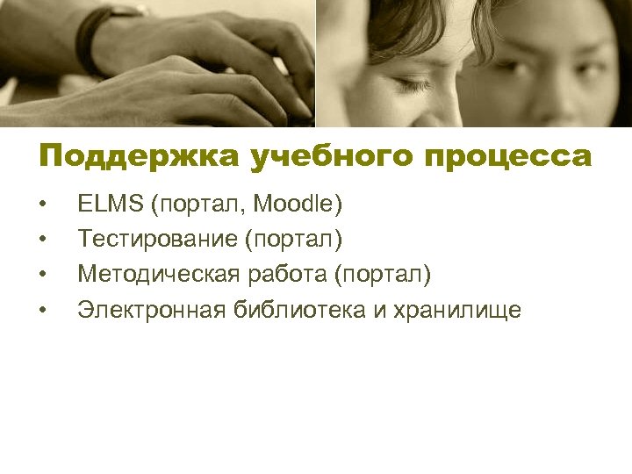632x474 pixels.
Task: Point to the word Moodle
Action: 298,205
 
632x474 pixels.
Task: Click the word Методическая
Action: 158,275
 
